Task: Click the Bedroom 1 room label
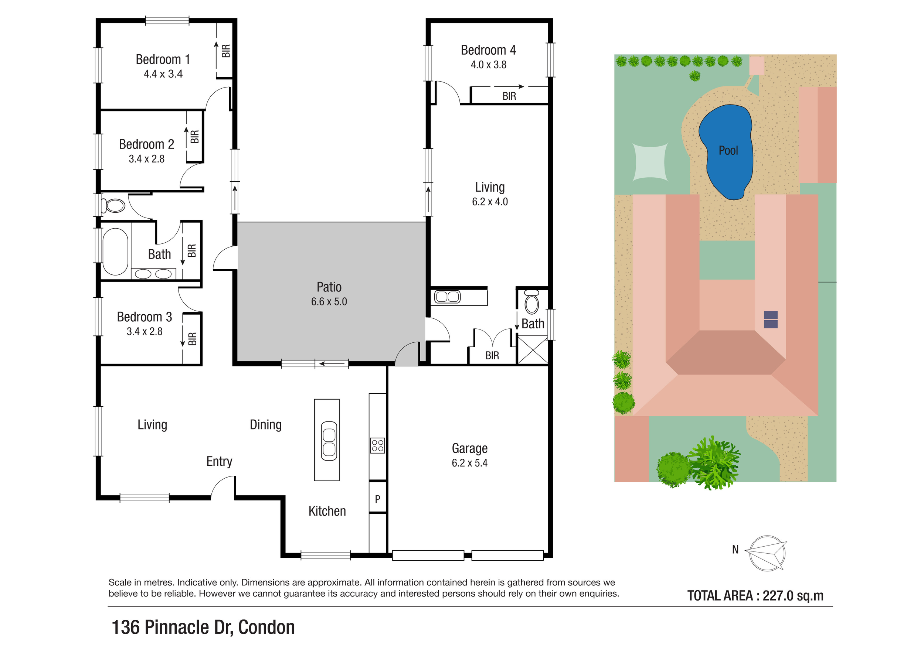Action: [163, 59]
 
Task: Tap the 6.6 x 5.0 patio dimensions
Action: [329, 302]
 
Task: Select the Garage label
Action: [469, 448]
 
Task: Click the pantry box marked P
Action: [377, 499]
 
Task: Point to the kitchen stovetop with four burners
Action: [377, 445]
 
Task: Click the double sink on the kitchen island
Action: [329, 441]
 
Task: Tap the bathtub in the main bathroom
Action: [115, 252]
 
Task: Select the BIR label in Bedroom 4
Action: [509, 96]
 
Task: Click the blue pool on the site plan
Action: [727, 151]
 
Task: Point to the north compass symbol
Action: [766, 553]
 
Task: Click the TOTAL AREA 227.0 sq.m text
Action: [755, 595]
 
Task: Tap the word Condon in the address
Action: [266, 627]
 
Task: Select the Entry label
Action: [219, 461]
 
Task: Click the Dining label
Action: [266, 425]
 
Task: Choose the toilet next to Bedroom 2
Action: [114, 205]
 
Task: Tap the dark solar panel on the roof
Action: [771, 319]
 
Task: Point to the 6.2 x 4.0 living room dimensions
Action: [490, 202]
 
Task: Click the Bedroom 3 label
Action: [145, 317]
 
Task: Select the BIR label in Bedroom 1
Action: [226, 51]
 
